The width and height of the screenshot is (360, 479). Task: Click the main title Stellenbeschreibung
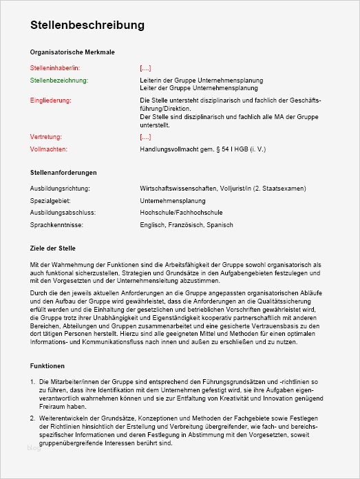point(87,25)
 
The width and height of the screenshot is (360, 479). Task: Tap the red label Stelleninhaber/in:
point(55,68)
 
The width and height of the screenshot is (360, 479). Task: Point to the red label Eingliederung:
point(51,100)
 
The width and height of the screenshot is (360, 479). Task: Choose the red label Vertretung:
point(47,138)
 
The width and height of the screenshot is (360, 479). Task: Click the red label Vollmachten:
point(49,149)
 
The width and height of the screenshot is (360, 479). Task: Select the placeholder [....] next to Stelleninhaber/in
point(145,68)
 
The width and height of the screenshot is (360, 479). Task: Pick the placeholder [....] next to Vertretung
point(145,138)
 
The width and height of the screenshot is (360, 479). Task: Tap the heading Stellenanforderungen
point(63,172)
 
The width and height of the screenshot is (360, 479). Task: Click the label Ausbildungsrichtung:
point(60,189)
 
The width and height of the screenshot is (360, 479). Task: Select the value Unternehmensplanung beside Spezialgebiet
point(172,201)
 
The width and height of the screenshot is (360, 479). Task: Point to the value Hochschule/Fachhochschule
point(181,213)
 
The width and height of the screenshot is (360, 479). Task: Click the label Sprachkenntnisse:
point(56,226)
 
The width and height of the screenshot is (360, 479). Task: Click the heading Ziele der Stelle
point(53,248)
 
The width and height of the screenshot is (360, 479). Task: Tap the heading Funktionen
point(47,366)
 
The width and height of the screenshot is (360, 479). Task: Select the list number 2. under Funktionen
point(34,418)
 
